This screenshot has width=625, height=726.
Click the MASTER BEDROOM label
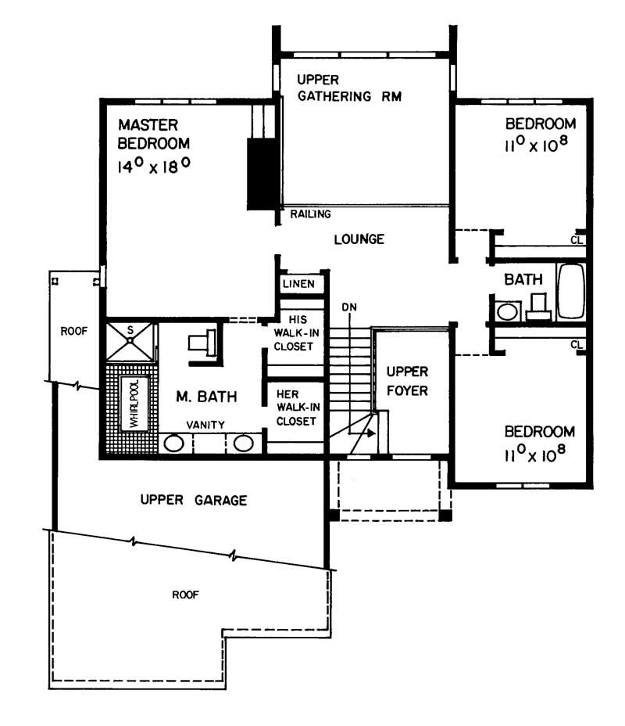153,134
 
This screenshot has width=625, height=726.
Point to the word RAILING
311,214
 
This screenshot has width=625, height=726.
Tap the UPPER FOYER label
408,379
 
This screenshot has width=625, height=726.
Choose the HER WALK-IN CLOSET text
296,407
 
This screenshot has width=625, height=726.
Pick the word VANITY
205,425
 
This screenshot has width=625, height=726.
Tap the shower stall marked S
130,340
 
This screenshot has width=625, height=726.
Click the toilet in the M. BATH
200,341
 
